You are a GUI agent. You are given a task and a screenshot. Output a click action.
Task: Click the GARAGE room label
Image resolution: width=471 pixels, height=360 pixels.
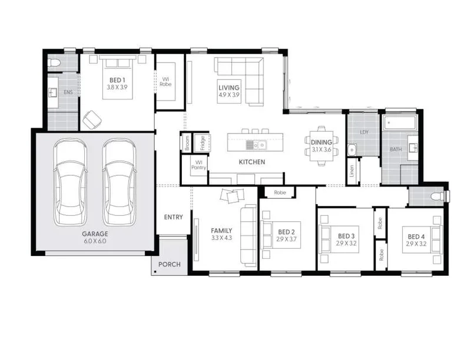coord(95,234)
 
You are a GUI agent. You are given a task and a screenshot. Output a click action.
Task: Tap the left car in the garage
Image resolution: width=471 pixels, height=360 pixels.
coord(71,182)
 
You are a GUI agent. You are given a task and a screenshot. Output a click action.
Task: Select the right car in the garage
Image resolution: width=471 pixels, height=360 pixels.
coord(120,182)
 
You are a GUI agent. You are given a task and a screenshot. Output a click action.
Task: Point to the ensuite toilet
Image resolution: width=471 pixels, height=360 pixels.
coord(54,63)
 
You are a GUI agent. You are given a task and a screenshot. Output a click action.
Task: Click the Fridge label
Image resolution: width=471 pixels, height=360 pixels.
coord(202,143)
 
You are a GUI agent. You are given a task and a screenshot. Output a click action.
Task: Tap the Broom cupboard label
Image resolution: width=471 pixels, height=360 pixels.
coord(187,143)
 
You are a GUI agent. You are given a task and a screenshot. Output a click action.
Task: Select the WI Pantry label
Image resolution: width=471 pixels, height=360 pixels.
coord(198,165)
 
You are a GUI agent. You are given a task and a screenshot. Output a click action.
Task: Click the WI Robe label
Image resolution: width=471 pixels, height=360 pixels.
coord(165,82)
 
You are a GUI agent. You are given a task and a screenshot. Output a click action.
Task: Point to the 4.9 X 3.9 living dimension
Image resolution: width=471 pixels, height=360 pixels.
coord(229,95)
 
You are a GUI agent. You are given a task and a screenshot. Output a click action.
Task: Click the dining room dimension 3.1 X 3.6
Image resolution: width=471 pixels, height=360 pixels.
coord(321,149)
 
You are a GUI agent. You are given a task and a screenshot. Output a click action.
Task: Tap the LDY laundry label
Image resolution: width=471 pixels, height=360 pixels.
coord(364,132)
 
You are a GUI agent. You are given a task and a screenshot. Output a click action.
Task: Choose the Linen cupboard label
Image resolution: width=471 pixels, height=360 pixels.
coord(352,171)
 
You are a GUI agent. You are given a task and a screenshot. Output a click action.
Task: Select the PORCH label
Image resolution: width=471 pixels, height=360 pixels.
coord(170,264)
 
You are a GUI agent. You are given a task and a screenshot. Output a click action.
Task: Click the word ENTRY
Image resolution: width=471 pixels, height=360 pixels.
coord(173,217)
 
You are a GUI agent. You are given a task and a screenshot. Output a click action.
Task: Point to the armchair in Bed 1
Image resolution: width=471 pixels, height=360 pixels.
coord(92,119)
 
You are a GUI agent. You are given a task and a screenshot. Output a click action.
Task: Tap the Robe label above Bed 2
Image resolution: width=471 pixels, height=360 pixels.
coord(280,192)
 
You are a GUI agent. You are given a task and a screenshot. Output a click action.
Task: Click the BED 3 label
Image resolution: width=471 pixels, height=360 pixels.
coord(346,236)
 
